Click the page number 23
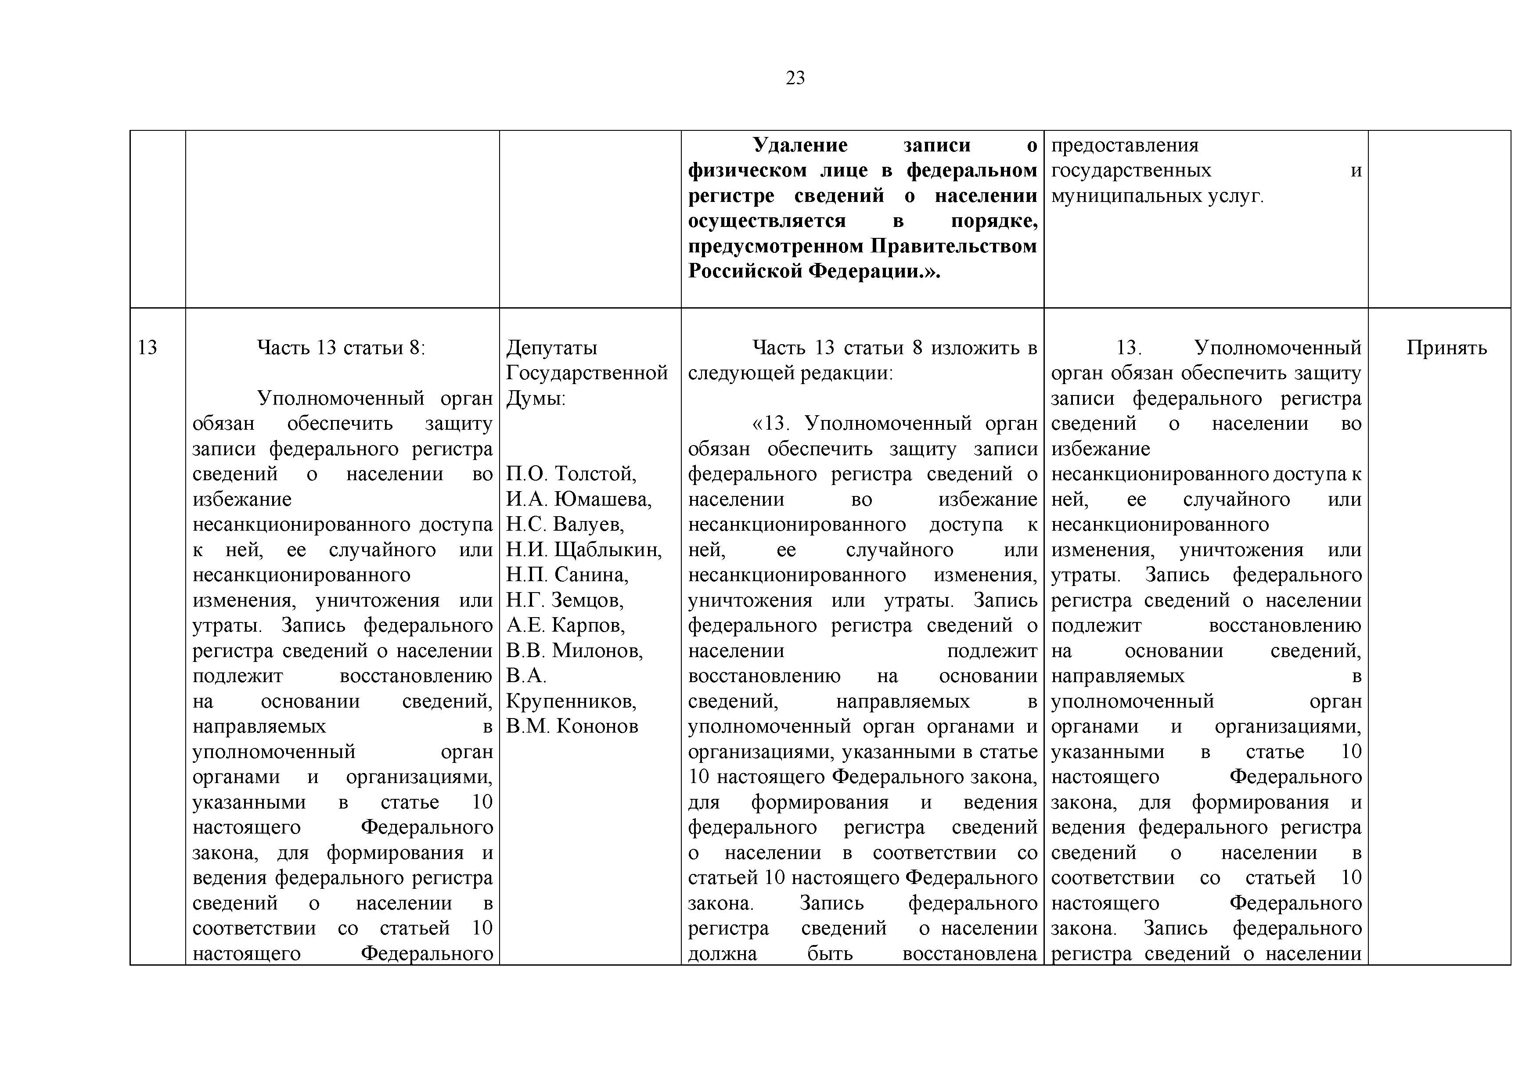[795, 79]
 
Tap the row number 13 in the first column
[147, 348]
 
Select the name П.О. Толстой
[571, 474]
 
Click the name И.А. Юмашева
[578, 500]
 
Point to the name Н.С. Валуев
[565, 525]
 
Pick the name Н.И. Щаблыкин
[583, 550]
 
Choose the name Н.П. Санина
[567, 575]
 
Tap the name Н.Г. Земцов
[565, 600]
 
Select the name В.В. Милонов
[574, 651]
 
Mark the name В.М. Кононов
[572, 726]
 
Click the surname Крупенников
[571, 701]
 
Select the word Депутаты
[551, 348]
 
